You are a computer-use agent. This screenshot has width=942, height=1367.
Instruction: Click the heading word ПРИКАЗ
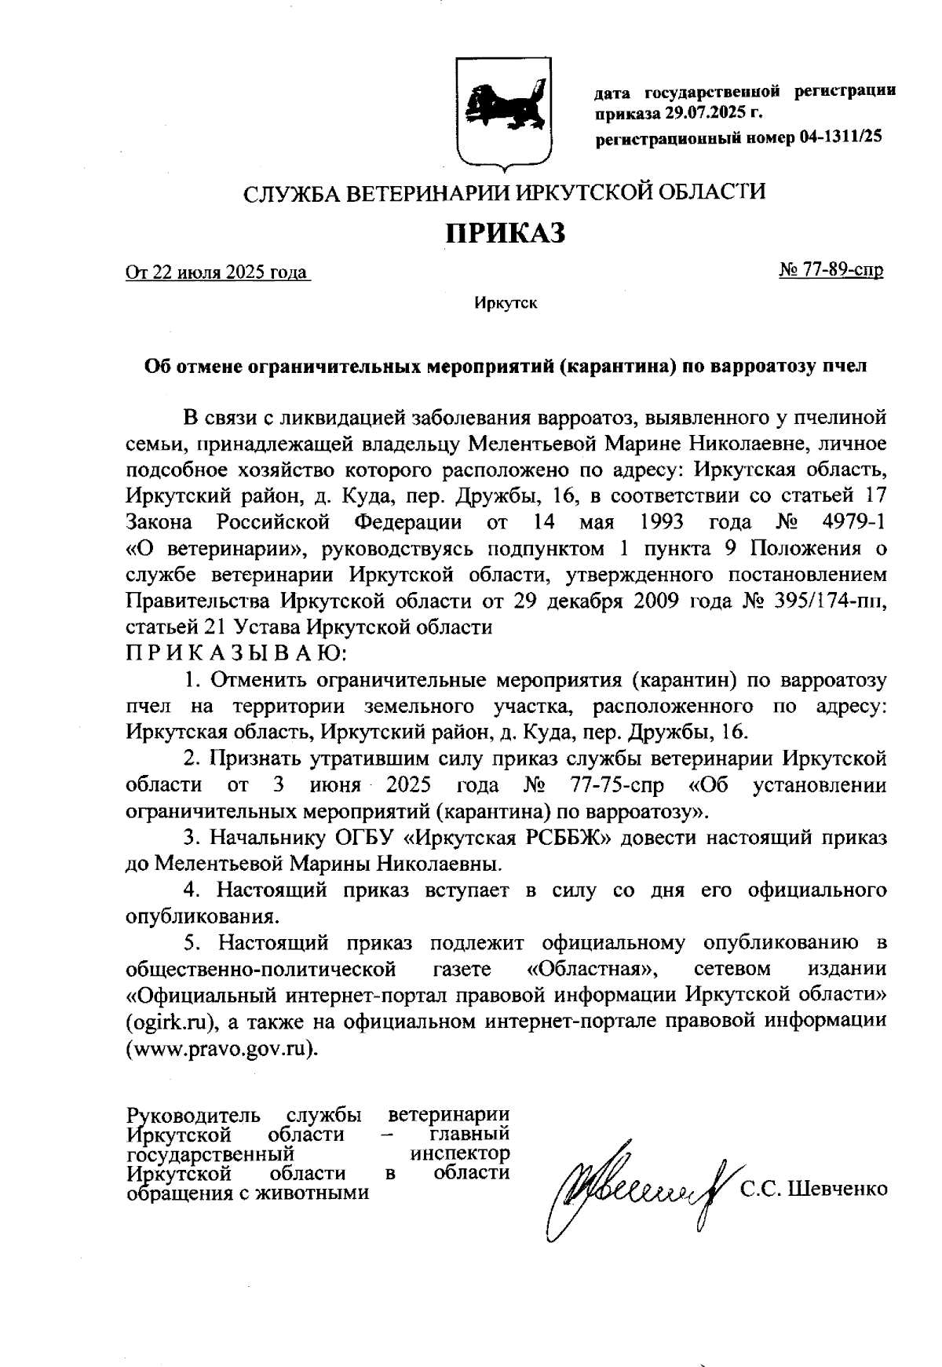[x=505, y=233]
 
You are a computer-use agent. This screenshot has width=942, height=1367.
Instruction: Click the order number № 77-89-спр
[x=831, y=271]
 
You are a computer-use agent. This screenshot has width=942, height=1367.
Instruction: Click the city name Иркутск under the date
[x=505, y=303]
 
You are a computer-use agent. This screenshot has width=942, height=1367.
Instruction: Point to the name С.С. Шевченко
[x=813, y=1189]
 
